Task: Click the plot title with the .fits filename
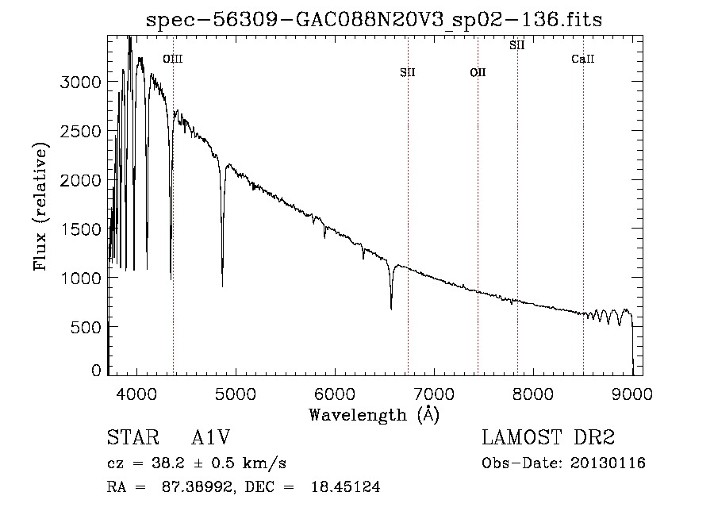click(x=374, y=20)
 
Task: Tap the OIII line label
click(x=173, y=59)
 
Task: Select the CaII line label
click(x=583, y=59)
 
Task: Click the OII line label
click(x=478, y=72)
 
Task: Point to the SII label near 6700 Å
click(x=408, y=72)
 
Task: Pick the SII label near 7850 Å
click(x=516, y=45)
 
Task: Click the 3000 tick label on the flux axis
click(x=80, y=83)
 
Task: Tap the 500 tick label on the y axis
click(x=86, y=327)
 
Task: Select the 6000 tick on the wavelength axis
click(x=335, y=394)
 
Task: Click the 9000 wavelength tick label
click(x=632, y=394)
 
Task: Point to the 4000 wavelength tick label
click(x=136, y=394)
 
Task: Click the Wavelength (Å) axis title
click(x=374, y=415)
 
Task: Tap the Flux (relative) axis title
click(x=40, y=207)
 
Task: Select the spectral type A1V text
click(x=211, y=437)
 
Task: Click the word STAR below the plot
click(x=133, y=437)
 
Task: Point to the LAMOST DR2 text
click(x=548, y=437)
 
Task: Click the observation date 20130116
click(x=608, y=463)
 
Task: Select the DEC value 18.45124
click(x=346, y=487)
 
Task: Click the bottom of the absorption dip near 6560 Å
click(x=391, y=309)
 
